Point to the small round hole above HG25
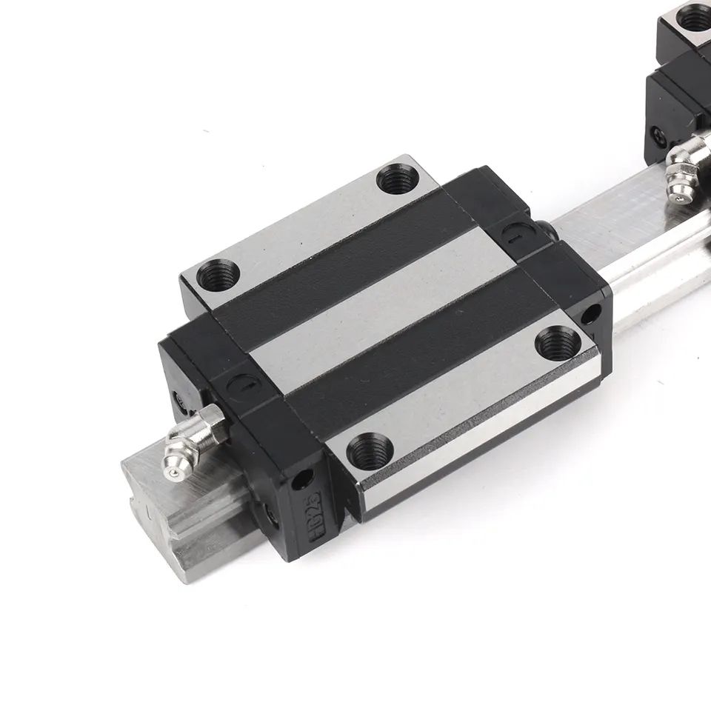(302, 481)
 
